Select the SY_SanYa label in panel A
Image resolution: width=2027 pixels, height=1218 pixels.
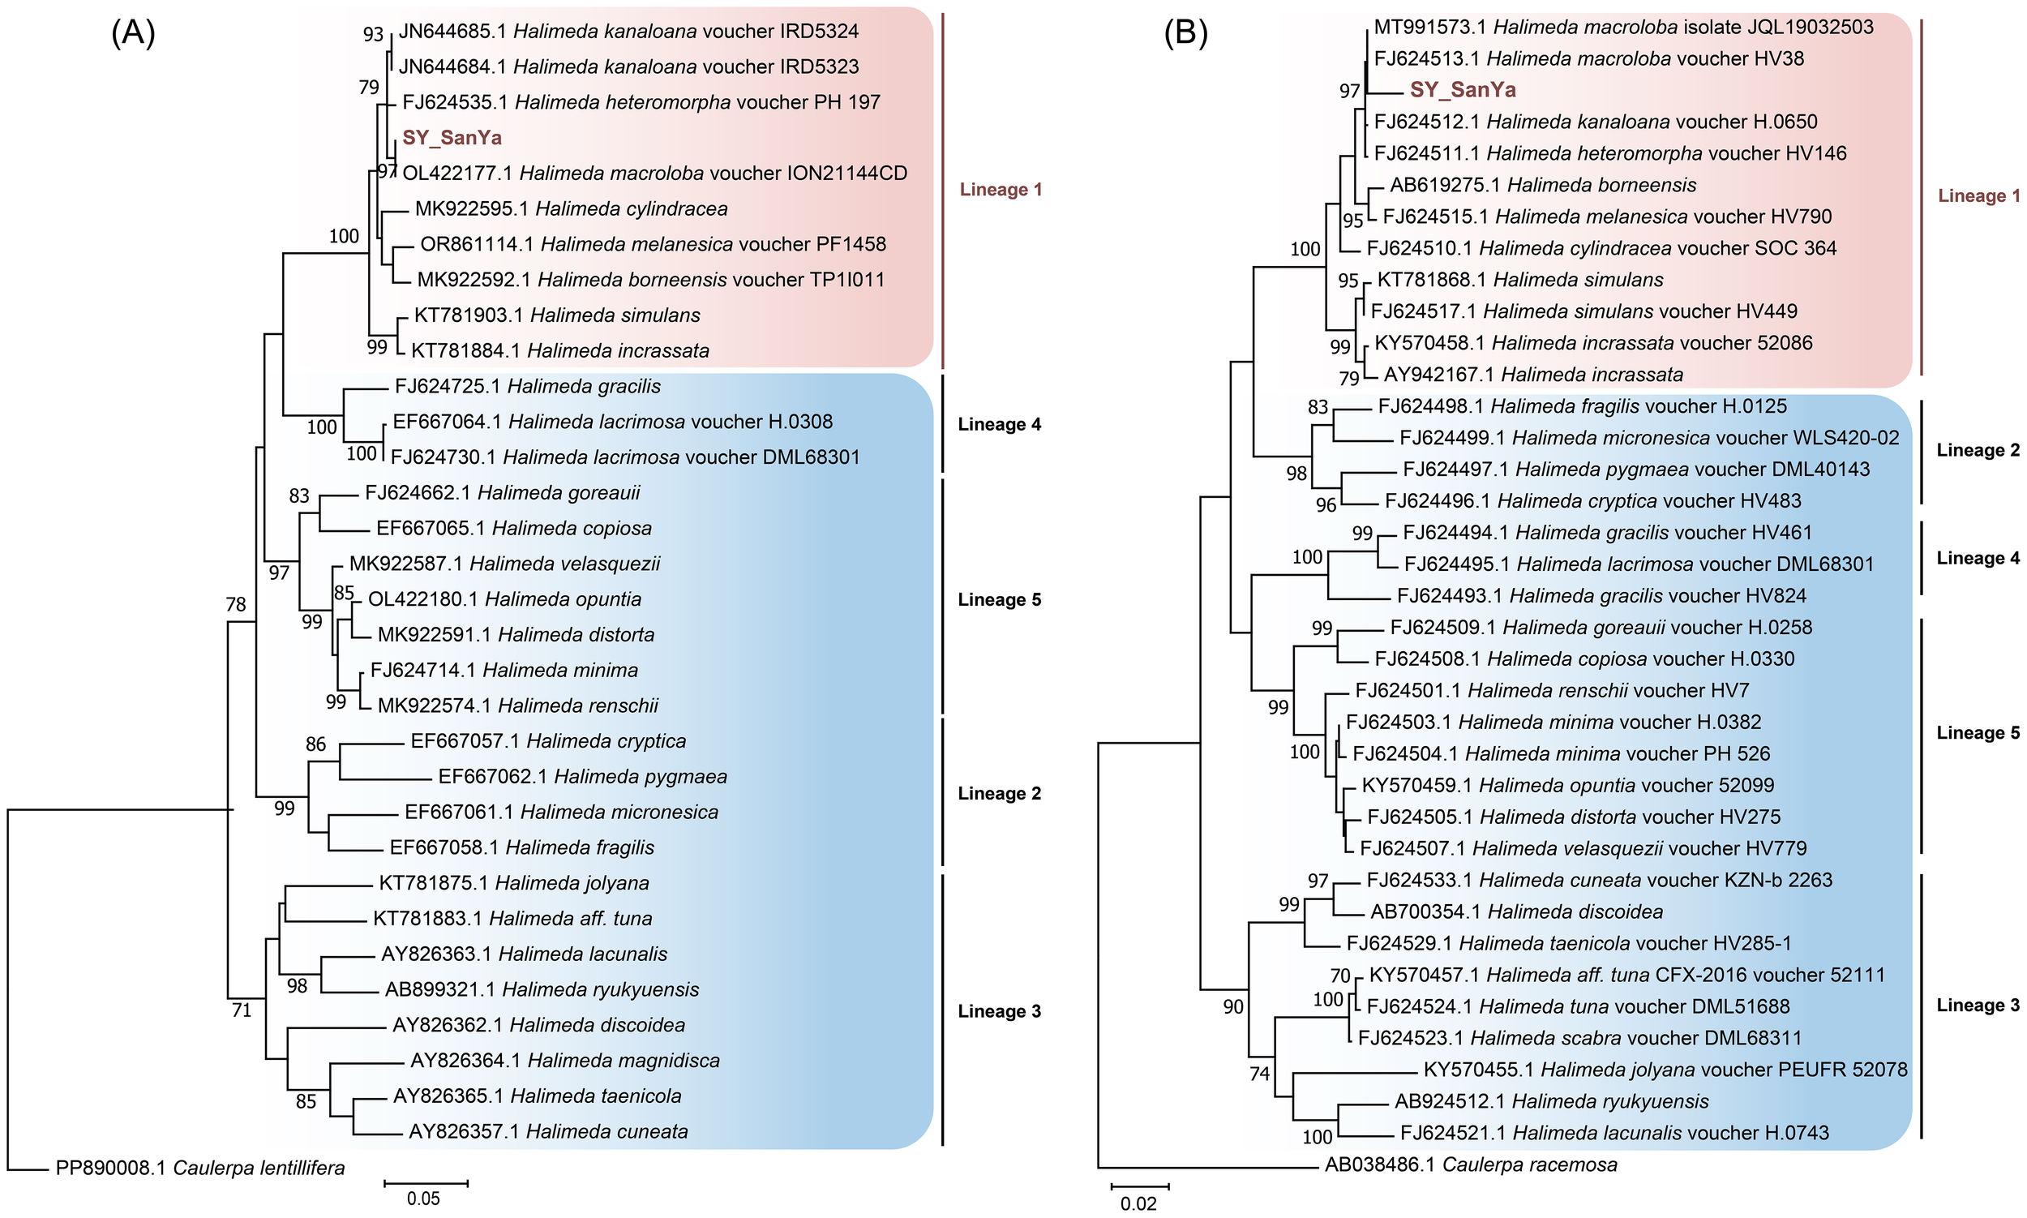[452, 138]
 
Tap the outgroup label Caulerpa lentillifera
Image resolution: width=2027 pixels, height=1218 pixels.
[200, 1168]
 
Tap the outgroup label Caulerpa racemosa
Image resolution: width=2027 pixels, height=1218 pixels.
[1471, 1164]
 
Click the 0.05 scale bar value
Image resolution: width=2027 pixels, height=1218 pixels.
[423, 1199]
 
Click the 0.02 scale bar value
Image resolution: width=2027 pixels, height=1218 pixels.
[1138, 1204]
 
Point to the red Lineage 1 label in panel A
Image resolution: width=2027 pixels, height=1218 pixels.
[1001, 190]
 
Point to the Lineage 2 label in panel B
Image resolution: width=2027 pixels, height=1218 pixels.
[1978, 451]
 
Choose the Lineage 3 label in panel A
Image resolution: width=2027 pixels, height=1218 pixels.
[999, 1011]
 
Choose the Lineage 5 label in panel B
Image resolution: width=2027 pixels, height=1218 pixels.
[1978, 733]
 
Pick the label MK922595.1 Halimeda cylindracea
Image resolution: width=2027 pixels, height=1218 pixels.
[571, 209]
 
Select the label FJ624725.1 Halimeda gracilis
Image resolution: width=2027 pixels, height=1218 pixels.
[527, 387]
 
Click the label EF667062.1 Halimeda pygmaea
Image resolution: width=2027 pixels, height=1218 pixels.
[583, 776]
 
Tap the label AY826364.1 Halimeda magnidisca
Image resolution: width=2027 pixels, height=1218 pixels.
[564, 1061]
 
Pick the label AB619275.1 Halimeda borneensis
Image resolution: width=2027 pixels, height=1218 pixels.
[1543, 186]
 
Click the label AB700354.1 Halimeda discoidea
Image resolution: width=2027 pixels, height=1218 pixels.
[1516, 911]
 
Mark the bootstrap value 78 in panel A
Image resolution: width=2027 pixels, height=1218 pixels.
[235, 605]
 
